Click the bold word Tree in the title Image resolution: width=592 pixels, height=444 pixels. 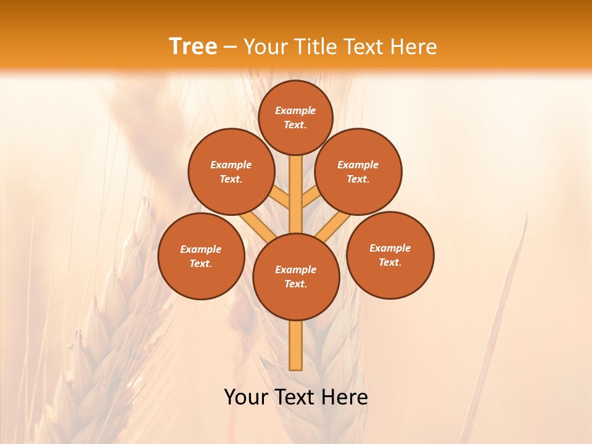coord(193,47)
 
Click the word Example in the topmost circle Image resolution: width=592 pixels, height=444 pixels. coord(295,110)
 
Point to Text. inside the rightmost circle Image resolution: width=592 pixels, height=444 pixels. coord(390,262)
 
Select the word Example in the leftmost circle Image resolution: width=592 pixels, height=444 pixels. coord(200,249)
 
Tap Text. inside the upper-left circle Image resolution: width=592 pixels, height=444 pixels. coord(231,179)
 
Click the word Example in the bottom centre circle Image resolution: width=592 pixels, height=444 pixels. coord(295,269)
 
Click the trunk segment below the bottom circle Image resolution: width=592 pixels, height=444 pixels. coord(296,345)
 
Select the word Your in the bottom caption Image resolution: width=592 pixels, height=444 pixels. coord(246,397)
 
